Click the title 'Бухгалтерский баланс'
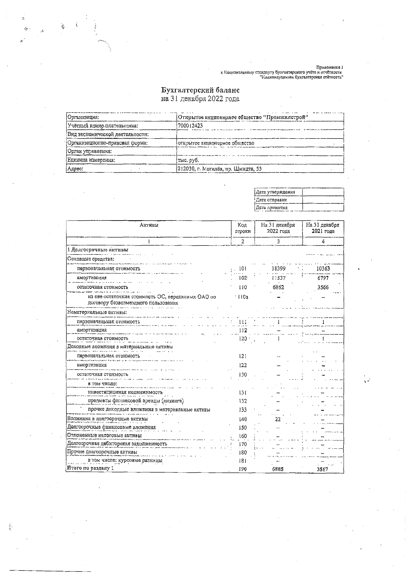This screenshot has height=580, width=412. pyautogui.click(x=200, y=90)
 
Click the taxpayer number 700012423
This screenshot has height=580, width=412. pyautogui.click(x=190, y=126)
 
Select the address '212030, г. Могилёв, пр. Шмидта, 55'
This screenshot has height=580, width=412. pyautogui.click(x=219, y=169)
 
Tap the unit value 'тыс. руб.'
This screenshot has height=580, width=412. pyautogui.click(x=188, y=160)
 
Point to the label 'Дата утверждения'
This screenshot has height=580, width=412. pyautogui.click(x=275, y=192)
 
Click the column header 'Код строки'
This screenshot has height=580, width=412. pyautogui.click(x=243, y=228)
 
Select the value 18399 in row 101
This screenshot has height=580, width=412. pyautogui.click(x=278, y=269)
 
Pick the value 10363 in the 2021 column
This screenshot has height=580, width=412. pyautogui.click(x=323, y=269)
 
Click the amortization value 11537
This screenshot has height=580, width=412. pyautogui.click(x=278, y=278)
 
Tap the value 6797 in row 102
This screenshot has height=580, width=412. pyautogui.click(x=323, y=278)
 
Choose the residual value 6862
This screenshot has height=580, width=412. pyautogui.click(x=278, y=287)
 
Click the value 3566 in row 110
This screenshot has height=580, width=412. pyautogui.click(x=323, y=287)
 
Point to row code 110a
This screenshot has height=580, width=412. pyautogui.click(x=243, y=297)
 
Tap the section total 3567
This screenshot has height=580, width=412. pyautogui.click(x=322, y=469)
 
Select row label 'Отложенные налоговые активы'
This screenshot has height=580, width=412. pyautogui.click(x=104, y=436)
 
